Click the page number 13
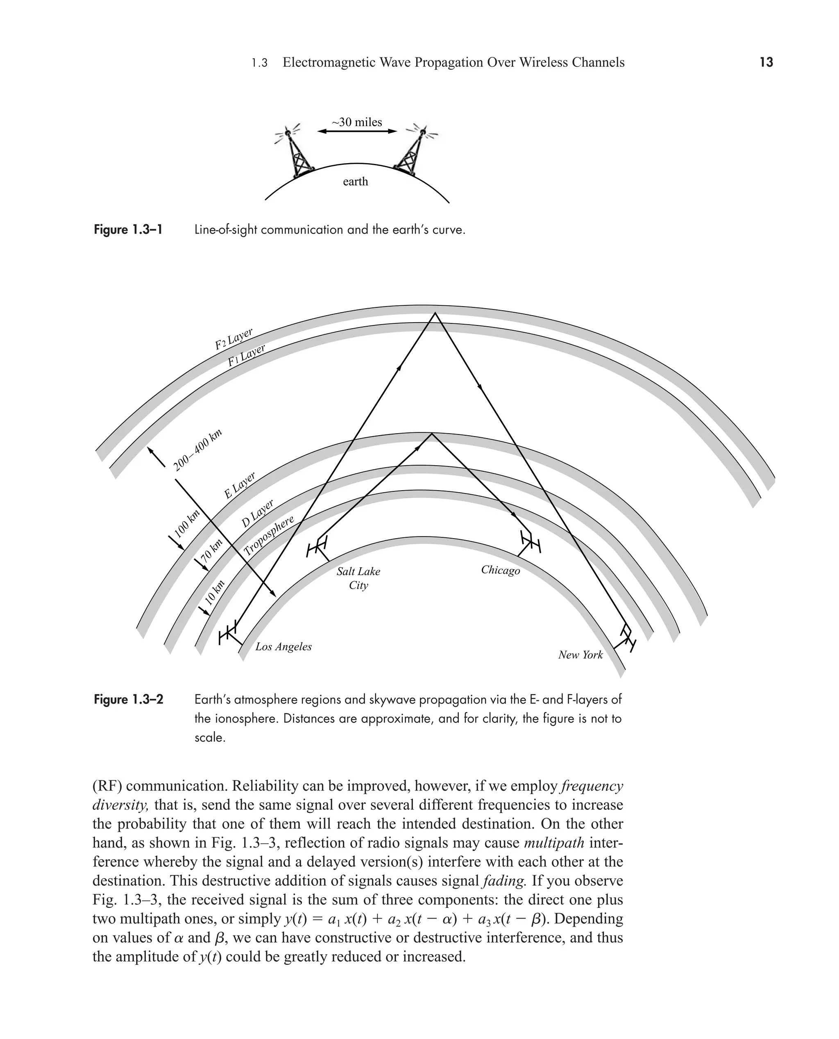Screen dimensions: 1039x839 [766, 62]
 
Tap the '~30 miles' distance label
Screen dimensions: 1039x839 [357, 122]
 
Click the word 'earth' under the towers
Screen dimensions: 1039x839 [355, 182]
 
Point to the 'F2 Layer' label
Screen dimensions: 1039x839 [234, 339]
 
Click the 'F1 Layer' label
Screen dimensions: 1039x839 [247, 355]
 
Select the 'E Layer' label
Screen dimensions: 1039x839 [240, 485]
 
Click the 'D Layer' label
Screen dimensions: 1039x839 [258, 514]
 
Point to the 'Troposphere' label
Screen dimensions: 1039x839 [269, 536]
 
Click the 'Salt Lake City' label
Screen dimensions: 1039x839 [358, 578]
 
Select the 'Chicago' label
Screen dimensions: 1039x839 [500, 571]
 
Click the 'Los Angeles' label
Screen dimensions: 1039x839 [283, 647]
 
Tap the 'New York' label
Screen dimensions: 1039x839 [580, 655]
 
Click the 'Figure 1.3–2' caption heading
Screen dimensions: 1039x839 [129, 700]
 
